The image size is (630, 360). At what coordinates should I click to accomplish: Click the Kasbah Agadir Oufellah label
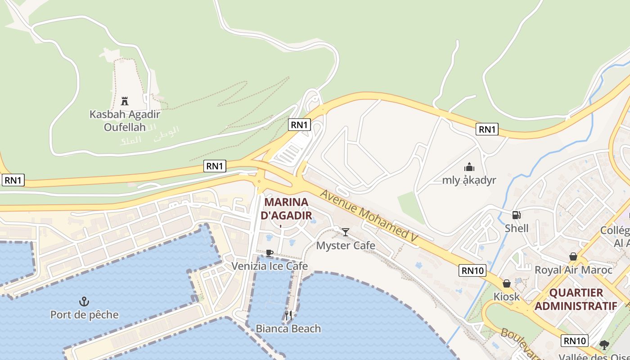(x=125, y=121)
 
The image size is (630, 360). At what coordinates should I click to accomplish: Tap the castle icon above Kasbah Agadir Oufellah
(x=125, y=101)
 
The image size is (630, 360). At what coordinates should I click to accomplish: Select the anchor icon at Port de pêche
(x=84, y=301)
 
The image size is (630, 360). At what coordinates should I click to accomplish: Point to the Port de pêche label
(x=85, y=315)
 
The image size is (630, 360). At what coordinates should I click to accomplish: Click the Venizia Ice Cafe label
(x=270, y=266)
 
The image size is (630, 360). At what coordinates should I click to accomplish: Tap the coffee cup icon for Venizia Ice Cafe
(x=269, y=253)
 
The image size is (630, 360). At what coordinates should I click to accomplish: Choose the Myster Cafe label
(x=346, y=246)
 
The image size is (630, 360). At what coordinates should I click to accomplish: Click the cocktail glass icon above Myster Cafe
(x=346, y=232)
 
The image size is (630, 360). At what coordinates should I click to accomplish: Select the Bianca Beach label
(x=288, y=328)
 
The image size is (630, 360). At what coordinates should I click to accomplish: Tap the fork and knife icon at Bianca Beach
(x=288, y=315)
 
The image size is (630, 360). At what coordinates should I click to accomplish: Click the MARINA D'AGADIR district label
(x=286, y=208)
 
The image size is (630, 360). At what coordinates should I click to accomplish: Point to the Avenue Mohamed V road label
(x=369, y=218)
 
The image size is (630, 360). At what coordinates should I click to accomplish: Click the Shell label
(x=517, y=228)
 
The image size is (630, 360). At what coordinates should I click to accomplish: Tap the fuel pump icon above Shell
(x=517, y=215)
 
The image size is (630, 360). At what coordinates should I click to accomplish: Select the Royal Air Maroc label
(x=573, y=270)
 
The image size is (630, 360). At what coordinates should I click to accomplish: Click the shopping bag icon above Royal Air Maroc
(x=573, y=256)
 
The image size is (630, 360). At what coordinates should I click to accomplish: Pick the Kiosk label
(x=507, y=297)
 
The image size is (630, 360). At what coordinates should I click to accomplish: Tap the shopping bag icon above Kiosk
(x=507, y=283)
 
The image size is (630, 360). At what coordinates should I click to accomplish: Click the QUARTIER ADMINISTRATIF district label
(x=576, y=299)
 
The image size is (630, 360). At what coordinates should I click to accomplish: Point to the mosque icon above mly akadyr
(x=469, y=167)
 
